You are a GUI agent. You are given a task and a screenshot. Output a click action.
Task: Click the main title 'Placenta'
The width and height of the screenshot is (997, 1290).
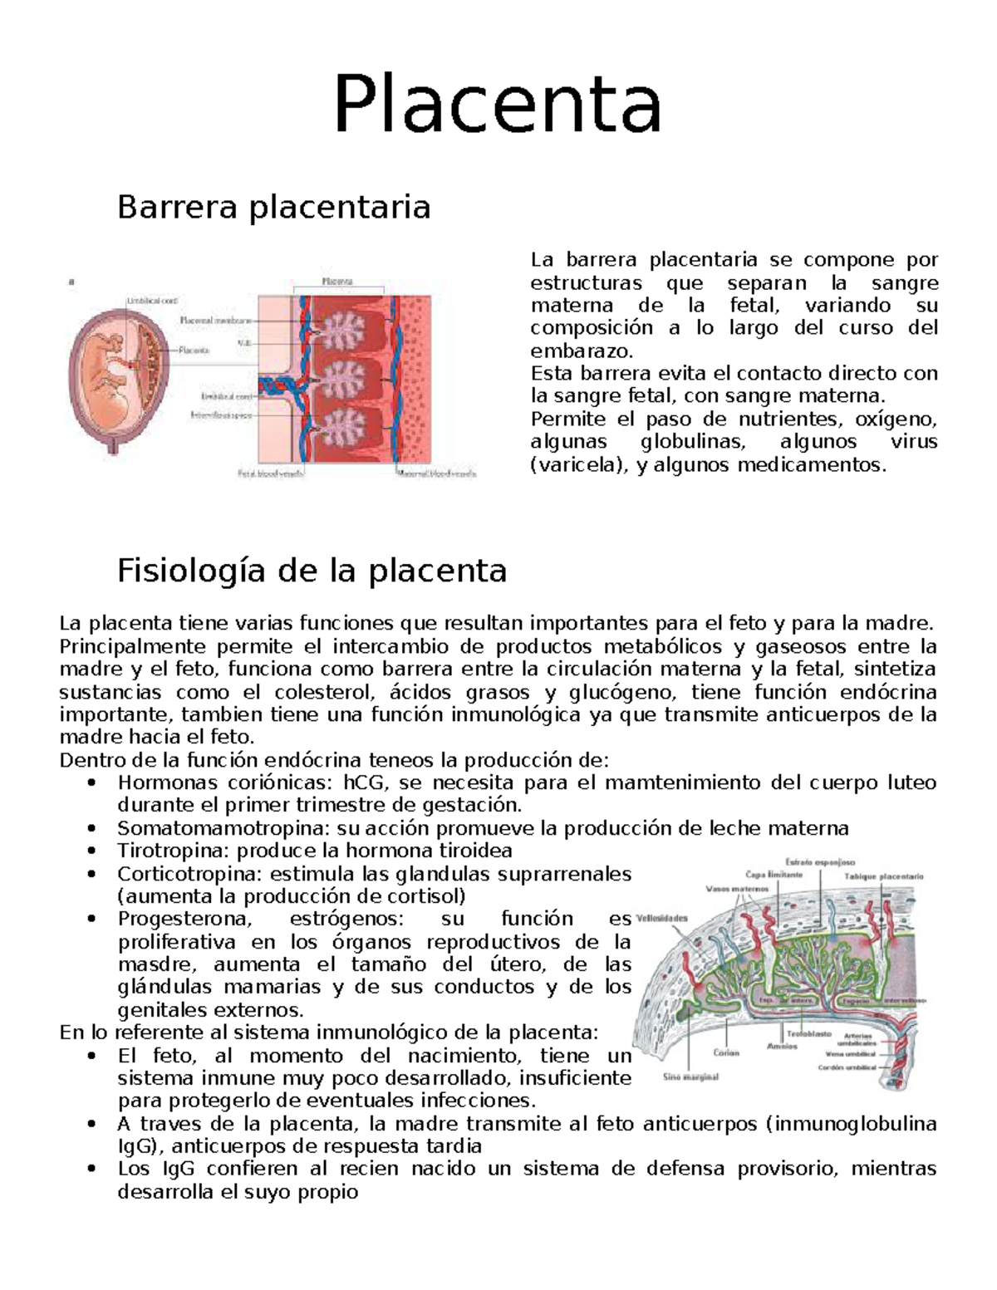click(498, 105)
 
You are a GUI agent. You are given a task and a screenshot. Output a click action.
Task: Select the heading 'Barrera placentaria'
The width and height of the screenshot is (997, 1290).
click(274, 207)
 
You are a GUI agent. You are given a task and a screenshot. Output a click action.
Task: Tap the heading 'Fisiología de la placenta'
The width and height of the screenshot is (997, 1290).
click(312, 571)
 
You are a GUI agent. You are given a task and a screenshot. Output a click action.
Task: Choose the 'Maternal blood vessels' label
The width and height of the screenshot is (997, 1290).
click(436, 474)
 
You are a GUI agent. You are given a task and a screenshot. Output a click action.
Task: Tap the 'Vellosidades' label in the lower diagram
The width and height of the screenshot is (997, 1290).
click(662, 919)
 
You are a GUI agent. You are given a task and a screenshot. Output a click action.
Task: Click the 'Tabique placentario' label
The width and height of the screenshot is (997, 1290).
click(883, 876)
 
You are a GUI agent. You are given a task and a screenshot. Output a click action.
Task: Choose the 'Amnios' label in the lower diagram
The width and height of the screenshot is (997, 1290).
click(782, 1046)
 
